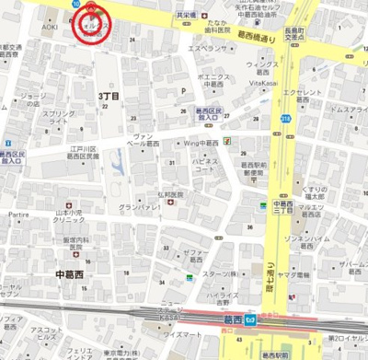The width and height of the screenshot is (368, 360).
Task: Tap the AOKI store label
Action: coord(48,29)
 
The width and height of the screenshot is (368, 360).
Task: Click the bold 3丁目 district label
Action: coord(110,96)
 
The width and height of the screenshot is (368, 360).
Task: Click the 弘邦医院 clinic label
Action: coord(170,195)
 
